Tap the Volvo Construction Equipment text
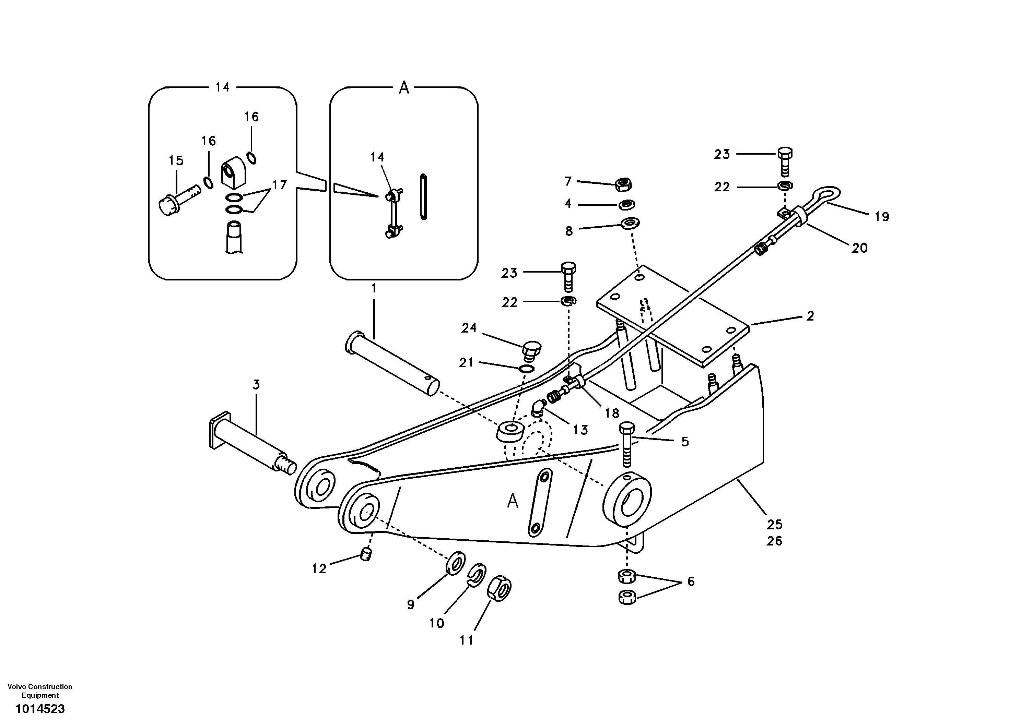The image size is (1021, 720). coord(40,691)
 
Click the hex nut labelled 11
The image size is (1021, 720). coord(500,589)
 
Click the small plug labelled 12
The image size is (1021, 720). coord(366,555)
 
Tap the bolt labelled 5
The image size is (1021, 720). coord(626,444)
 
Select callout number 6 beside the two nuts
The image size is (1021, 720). coord(691,581)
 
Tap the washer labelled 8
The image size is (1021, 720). coord(630,222)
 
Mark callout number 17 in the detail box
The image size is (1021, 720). coord(279,184)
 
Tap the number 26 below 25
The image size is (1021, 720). coord(774,541)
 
